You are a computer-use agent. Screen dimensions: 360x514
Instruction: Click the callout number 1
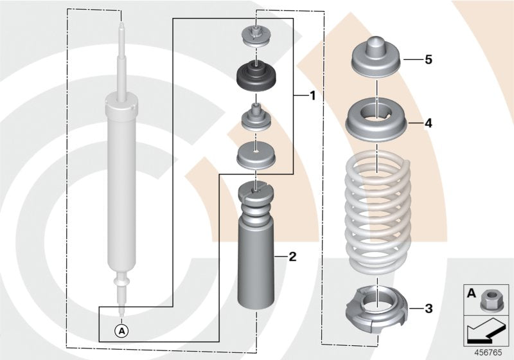coord(312,96)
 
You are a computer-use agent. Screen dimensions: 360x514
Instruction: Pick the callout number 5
coord(428,60)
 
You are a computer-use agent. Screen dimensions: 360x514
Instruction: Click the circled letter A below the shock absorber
coord(121,330)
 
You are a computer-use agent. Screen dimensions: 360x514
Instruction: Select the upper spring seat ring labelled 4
coord(377,120)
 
